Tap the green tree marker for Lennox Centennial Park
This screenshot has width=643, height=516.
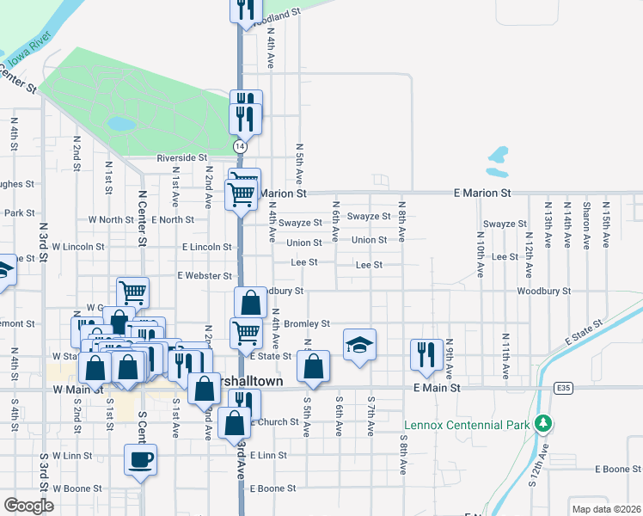pyautogui.click(x=542, y=424)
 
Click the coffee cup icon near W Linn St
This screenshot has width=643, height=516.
pyautogui.click(x=141, y=458)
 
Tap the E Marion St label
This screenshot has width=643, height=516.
pyautogui.click(x=482, y=193)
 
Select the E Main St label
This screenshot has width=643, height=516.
pyautogui.click(x=437, y=389)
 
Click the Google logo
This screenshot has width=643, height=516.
pyautogui.click(x=28, y=506)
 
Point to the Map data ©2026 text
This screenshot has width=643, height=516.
pyautogui.click(x=605, y=509)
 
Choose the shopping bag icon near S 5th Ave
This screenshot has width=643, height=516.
pyautogui.click(x=314, y=365)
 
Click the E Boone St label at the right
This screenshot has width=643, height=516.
pyautogui.click(x=618, y=470)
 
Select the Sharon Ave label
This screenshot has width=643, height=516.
pyautogui.click(x=585, y=219)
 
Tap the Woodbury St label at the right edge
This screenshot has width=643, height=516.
pyautogui.click(x=543, y=292)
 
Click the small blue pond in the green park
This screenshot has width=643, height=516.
pyautogui.click(x=121, y=124)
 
